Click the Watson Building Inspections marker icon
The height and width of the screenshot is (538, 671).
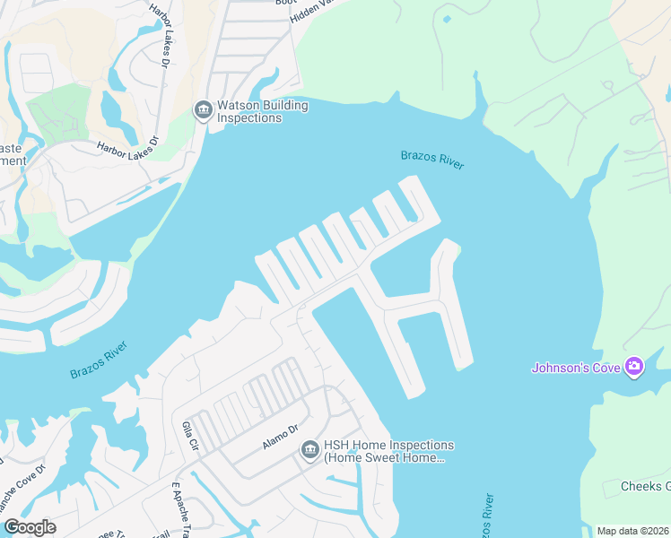203,111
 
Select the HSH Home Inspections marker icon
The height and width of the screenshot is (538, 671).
310,450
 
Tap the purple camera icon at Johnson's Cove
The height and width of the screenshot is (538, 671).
635,366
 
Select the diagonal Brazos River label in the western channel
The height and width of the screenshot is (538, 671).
99,359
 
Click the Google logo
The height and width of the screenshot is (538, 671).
30,527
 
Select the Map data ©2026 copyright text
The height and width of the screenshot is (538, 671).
632,531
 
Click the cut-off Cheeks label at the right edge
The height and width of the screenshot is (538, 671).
646,486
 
